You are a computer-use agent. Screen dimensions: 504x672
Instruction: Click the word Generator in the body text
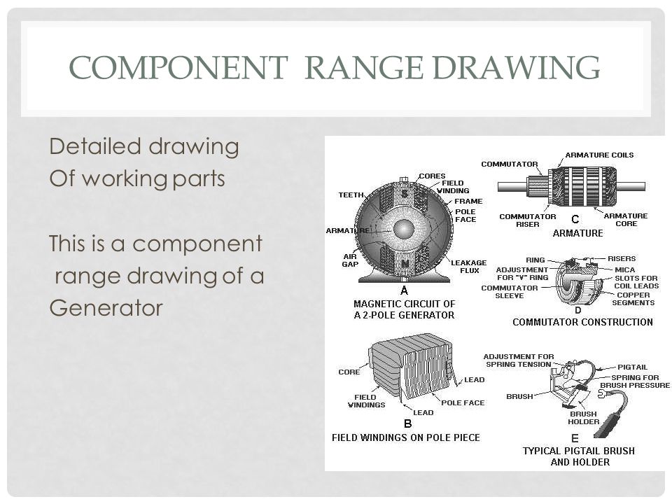pos(106,307)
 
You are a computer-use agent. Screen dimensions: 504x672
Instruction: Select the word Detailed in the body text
pos(86,147)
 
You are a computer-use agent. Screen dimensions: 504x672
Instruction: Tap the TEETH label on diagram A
pos(351,195)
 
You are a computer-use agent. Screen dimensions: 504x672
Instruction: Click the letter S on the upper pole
pos(404,193)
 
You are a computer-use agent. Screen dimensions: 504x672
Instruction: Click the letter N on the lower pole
pos(404,264)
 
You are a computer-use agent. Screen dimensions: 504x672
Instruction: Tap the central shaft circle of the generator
pos(404,229)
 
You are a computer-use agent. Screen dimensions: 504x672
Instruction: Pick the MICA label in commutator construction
pos(626,268)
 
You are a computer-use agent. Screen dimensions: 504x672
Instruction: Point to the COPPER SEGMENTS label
pos(633,299)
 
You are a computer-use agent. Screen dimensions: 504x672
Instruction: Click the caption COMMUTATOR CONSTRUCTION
pos(582,322)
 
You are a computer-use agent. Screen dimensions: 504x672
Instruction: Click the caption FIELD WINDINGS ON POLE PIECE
pos(405,437)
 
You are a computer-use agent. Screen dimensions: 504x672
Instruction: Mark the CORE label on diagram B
pos(349,372)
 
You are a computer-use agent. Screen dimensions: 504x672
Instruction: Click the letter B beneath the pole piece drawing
pos(407,423)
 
